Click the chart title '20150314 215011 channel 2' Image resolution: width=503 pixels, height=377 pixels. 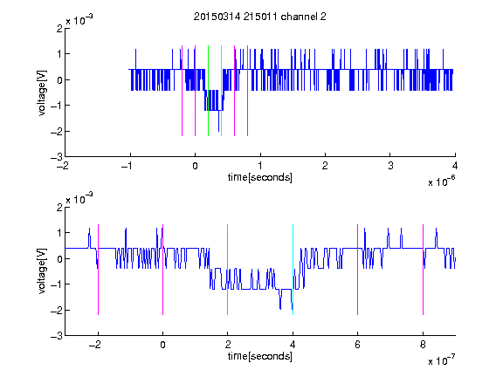point(260,17)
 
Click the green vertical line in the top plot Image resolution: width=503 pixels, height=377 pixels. point(208,91)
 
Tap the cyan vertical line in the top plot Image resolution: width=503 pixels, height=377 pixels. point(221,91)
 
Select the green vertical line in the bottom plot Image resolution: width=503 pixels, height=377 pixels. point(227,270)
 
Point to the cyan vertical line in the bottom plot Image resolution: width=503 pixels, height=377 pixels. point(293,270)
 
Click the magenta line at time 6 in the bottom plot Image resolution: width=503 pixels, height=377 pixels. point(358,270)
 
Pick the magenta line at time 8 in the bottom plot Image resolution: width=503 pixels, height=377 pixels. point(424,270)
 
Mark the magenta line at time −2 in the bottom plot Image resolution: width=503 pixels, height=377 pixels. point(98,270)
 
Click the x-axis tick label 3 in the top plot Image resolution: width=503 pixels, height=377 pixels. point(390,166)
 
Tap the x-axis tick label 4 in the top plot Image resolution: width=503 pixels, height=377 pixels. point(455,166)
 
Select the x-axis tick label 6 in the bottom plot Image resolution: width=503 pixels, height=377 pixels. point(358,345)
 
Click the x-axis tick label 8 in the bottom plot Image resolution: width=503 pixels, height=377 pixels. point(424,345)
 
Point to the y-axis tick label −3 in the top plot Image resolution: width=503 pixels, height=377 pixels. point(57,157)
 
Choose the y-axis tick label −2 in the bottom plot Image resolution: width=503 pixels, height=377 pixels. point(57,310)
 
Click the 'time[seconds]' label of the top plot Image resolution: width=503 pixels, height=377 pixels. point(260,177)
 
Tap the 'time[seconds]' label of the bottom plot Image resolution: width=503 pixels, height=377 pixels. point(260,356)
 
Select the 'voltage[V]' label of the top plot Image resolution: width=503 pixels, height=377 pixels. point(42,93)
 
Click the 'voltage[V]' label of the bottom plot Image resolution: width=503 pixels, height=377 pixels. point(42,271)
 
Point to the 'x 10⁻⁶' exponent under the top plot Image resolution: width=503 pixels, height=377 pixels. point(441,182)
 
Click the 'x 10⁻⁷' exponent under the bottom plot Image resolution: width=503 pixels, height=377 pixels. point(441,360)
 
